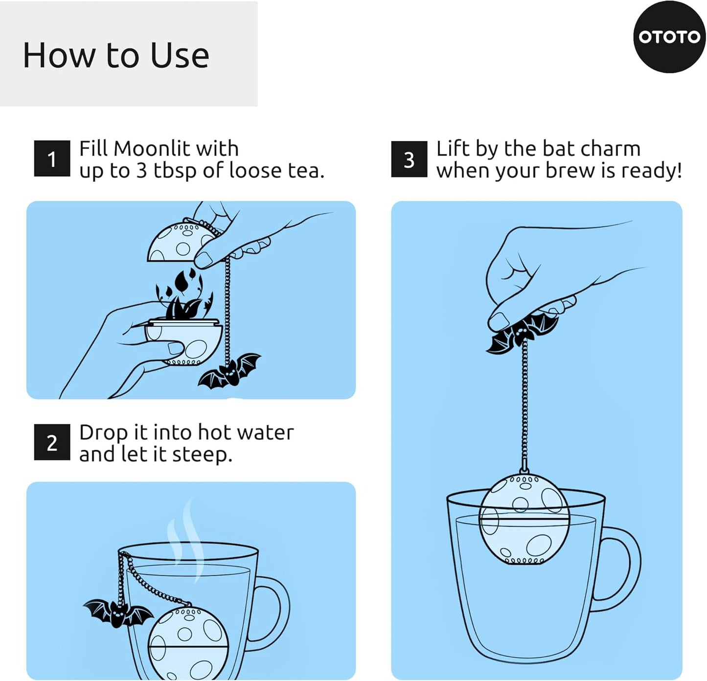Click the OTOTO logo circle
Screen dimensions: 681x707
point(669,37)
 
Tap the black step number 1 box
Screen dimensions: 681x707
point(52,159)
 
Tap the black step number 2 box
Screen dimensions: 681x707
point(52,442)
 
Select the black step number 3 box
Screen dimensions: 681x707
point(409,159)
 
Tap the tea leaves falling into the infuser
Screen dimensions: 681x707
point(183,296)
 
